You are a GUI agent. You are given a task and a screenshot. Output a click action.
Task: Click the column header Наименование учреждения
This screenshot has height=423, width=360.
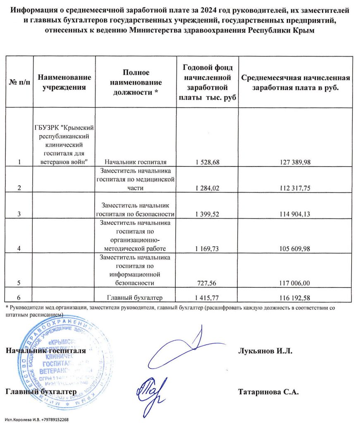64,82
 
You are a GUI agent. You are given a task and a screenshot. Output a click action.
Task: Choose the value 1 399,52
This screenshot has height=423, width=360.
207,214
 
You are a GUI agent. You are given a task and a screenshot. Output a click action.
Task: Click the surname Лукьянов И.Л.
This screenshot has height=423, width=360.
265,351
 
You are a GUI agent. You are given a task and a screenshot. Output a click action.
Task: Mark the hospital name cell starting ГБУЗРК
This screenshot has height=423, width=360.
64,145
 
